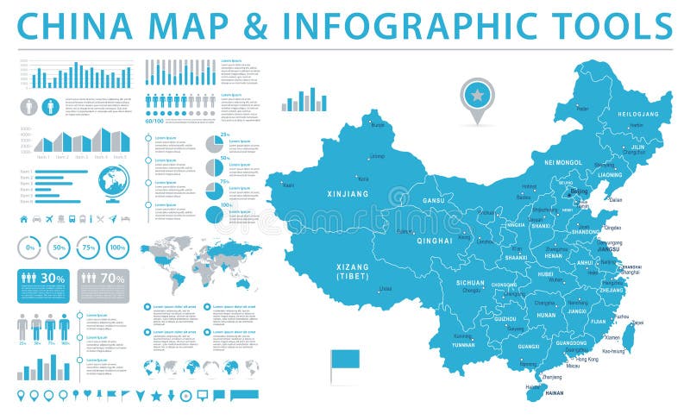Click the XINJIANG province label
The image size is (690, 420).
point(348,195)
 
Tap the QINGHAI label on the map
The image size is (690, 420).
point(435,241)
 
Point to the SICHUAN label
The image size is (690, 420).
point(470,282)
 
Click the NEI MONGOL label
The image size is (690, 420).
point(564,162)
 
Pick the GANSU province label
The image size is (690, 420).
point(433,201)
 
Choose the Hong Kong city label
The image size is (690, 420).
point(587,359)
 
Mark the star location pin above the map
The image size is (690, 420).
point(474,92)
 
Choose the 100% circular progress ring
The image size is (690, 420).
point(117,248)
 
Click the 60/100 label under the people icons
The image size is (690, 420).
point(155,120)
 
